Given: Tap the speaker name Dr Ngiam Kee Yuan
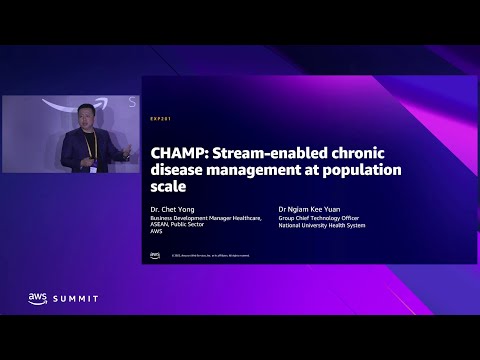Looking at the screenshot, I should tap(310, 211).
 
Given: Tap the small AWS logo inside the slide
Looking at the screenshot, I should tap(155, 255).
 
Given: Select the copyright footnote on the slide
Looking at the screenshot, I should tap(210, 256).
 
